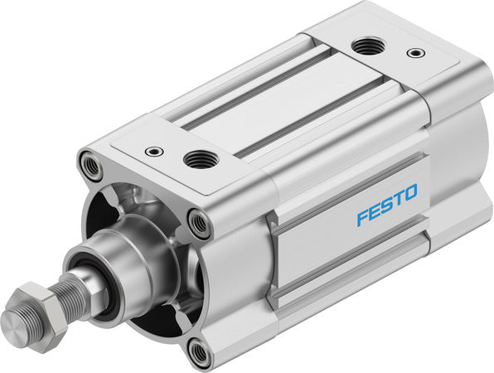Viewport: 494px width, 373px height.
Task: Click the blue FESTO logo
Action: [387, 206]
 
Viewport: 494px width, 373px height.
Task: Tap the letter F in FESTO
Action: [362, 218]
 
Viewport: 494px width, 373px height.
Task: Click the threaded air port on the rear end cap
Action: [366, 46]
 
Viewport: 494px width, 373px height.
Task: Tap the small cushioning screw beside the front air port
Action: [154, 152]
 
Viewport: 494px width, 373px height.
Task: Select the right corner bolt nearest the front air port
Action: [199, 221]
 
